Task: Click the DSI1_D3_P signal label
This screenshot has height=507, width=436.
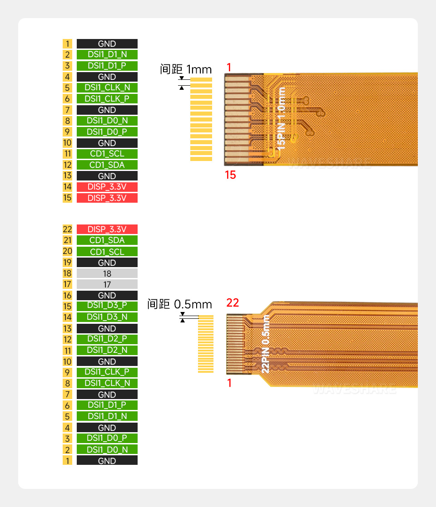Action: [x=107, y=306]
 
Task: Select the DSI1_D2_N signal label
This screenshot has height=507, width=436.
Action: [x=107, y=350]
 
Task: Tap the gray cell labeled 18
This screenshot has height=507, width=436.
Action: [x=107, y=273]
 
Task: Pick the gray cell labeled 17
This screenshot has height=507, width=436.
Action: [x=107, y=284]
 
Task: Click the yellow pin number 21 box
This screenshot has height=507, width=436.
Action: [x=67, y=240]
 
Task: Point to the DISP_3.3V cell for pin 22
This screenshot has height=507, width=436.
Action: [x=107, y=229]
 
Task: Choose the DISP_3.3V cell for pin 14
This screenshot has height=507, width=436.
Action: [x=107, y=187]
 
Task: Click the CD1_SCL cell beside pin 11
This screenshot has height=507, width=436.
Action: [x=107, y=154]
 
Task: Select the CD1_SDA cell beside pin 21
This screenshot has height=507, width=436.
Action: [x=107, y=240]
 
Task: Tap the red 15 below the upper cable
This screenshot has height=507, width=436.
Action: [x=230, y=175]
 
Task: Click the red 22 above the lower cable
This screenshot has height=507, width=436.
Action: [x=233, y=303]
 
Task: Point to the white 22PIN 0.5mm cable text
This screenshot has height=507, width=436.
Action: [x=266, y=344]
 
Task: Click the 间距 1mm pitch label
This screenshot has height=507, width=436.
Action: [x=186, y=69]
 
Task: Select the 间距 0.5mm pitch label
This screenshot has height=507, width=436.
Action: [x=179, y=304]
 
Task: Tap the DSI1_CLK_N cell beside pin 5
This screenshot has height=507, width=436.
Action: [x=107, y=88]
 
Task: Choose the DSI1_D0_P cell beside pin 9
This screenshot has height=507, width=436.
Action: [x=107, y=132]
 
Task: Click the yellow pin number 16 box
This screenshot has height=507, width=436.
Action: [x=67, y=295]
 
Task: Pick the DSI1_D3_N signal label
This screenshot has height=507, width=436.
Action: [x=107, y=317]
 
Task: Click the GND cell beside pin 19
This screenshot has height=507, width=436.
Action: [x=107, y=263]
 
